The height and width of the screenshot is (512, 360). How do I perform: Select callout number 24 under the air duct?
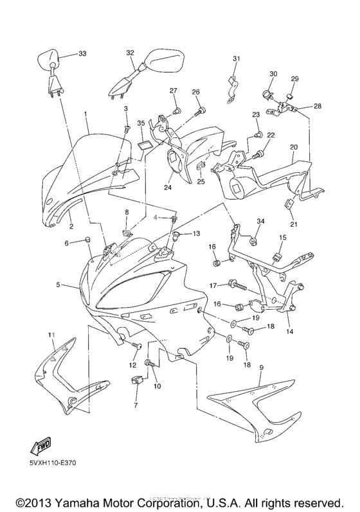[x=168, y=188]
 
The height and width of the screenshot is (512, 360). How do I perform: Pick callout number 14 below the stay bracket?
[x=289, y=331]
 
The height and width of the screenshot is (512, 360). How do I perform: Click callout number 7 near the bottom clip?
[x=136, y=406]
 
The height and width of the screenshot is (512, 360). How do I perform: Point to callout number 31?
[x=236, y=59]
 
